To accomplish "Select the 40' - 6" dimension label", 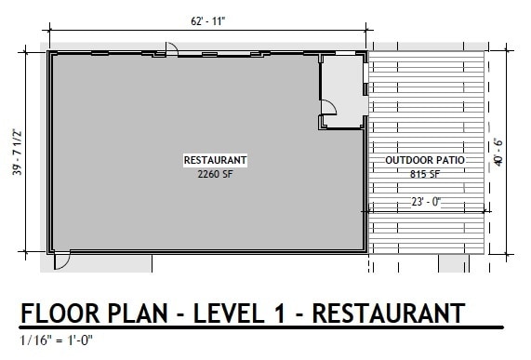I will (x=499, y=151).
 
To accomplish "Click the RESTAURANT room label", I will (x=215, y=160).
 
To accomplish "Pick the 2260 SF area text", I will (x=214, y=173).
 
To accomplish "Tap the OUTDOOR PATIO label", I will (x=424, y=161).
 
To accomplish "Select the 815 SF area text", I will (x=424, y=174).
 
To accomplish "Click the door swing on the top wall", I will (x=171, y=48).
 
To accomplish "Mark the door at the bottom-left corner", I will (x=60, y=261).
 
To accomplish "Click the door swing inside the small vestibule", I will (x=327, y=118).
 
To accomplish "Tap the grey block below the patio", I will (x=454, y=264).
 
